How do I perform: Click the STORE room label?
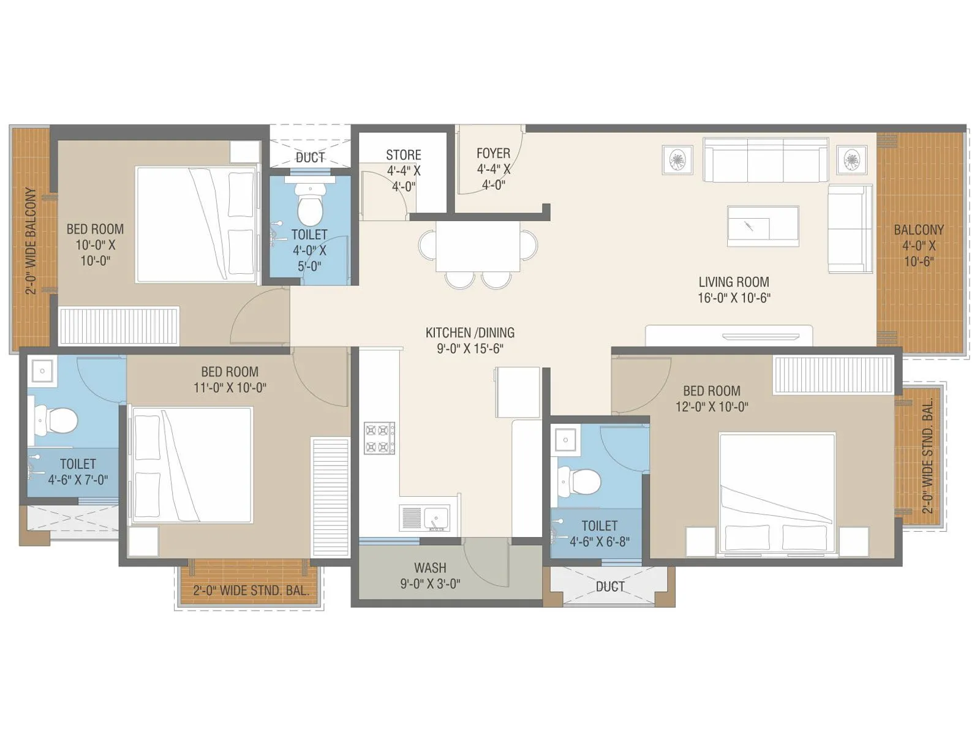[403, 156]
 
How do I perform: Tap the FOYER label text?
[493, 154]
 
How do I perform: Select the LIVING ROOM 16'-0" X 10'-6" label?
[734, 290]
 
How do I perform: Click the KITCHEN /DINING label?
[470, 340]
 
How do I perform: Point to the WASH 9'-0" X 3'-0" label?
[430, 576]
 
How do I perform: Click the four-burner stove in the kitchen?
[379, 438]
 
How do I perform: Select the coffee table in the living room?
[763, 227]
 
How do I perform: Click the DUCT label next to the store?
[310, 157]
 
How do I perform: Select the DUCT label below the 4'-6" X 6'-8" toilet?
[610, 587]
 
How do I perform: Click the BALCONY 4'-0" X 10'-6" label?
[918, 245]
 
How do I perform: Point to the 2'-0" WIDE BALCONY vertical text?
[31, 240]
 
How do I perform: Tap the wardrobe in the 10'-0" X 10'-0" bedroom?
[119, 325]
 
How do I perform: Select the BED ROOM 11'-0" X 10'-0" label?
[230, 380]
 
